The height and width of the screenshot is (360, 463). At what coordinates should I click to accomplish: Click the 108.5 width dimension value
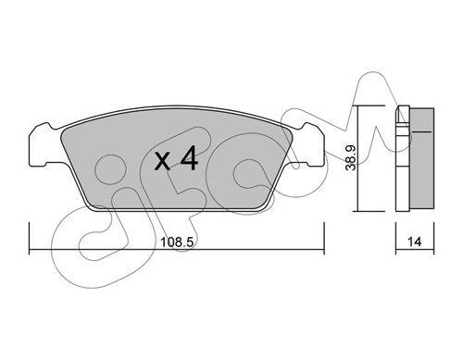pyautogui.click(x=177, y=242)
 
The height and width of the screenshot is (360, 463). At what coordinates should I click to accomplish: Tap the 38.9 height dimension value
pyautogui.click(x=351, y=158)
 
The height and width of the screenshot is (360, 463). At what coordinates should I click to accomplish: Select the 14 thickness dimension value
pyautogui.click(x=414, y=242)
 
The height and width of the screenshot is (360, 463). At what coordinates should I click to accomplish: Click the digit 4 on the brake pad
pyautogui.click(x=189, y=158)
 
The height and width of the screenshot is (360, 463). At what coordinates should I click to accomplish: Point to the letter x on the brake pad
pyautogui.click(x=162, y=162)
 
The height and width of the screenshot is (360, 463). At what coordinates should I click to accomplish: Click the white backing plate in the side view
pyautogui.click(x=403, y=158)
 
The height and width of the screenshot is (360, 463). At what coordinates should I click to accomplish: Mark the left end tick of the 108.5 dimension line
pyautogui.click(x=30, y=238)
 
